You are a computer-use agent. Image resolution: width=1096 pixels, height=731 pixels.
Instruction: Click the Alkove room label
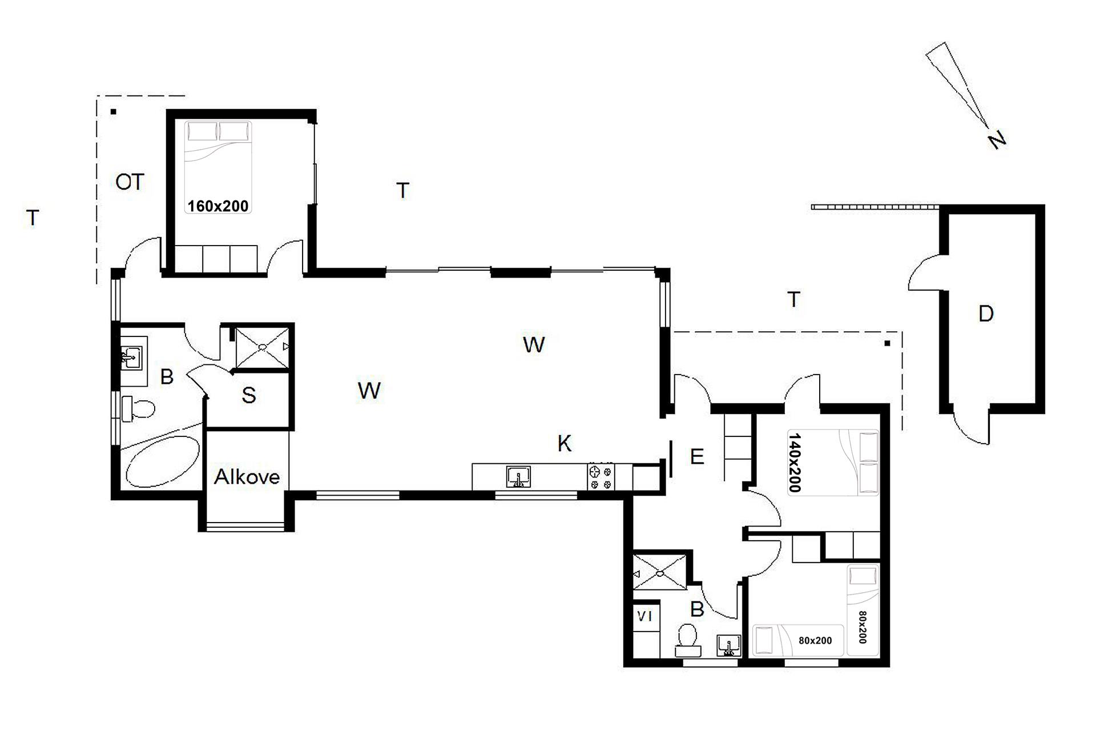[247, 477]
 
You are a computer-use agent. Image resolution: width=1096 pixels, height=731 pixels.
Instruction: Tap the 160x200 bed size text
[218, 206]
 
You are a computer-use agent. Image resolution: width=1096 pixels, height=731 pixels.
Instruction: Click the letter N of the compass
[997, 139]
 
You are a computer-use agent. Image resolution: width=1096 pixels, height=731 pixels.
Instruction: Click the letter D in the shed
[986, 314]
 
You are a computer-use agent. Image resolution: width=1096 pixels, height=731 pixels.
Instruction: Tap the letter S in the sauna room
[249, 395]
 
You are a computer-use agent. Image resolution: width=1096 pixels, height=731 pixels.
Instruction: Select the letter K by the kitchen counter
[565, 443]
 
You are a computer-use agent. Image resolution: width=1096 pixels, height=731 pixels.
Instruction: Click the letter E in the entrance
[697, 457]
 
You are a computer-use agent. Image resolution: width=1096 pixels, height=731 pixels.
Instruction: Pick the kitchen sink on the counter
[519, 477]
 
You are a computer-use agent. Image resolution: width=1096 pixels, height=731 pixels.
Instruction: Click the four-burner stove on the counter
[601, 477]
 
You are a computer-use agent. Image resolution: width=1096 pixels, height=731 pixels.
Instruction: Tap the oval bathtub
[162, 462]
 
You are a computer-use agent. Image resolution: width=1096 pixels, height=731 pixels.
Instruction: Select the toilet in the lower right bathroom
[687, 640]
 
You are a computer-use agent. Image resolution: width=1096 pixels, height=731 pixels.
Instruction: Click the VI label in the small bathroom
[644, 616]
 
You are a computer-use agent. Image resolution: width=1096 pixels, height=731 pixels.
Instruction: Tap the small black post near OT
[114, 112]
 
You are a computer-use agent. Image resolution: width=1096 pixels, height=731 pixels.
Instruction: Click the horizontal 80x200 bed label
[815, 641]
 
